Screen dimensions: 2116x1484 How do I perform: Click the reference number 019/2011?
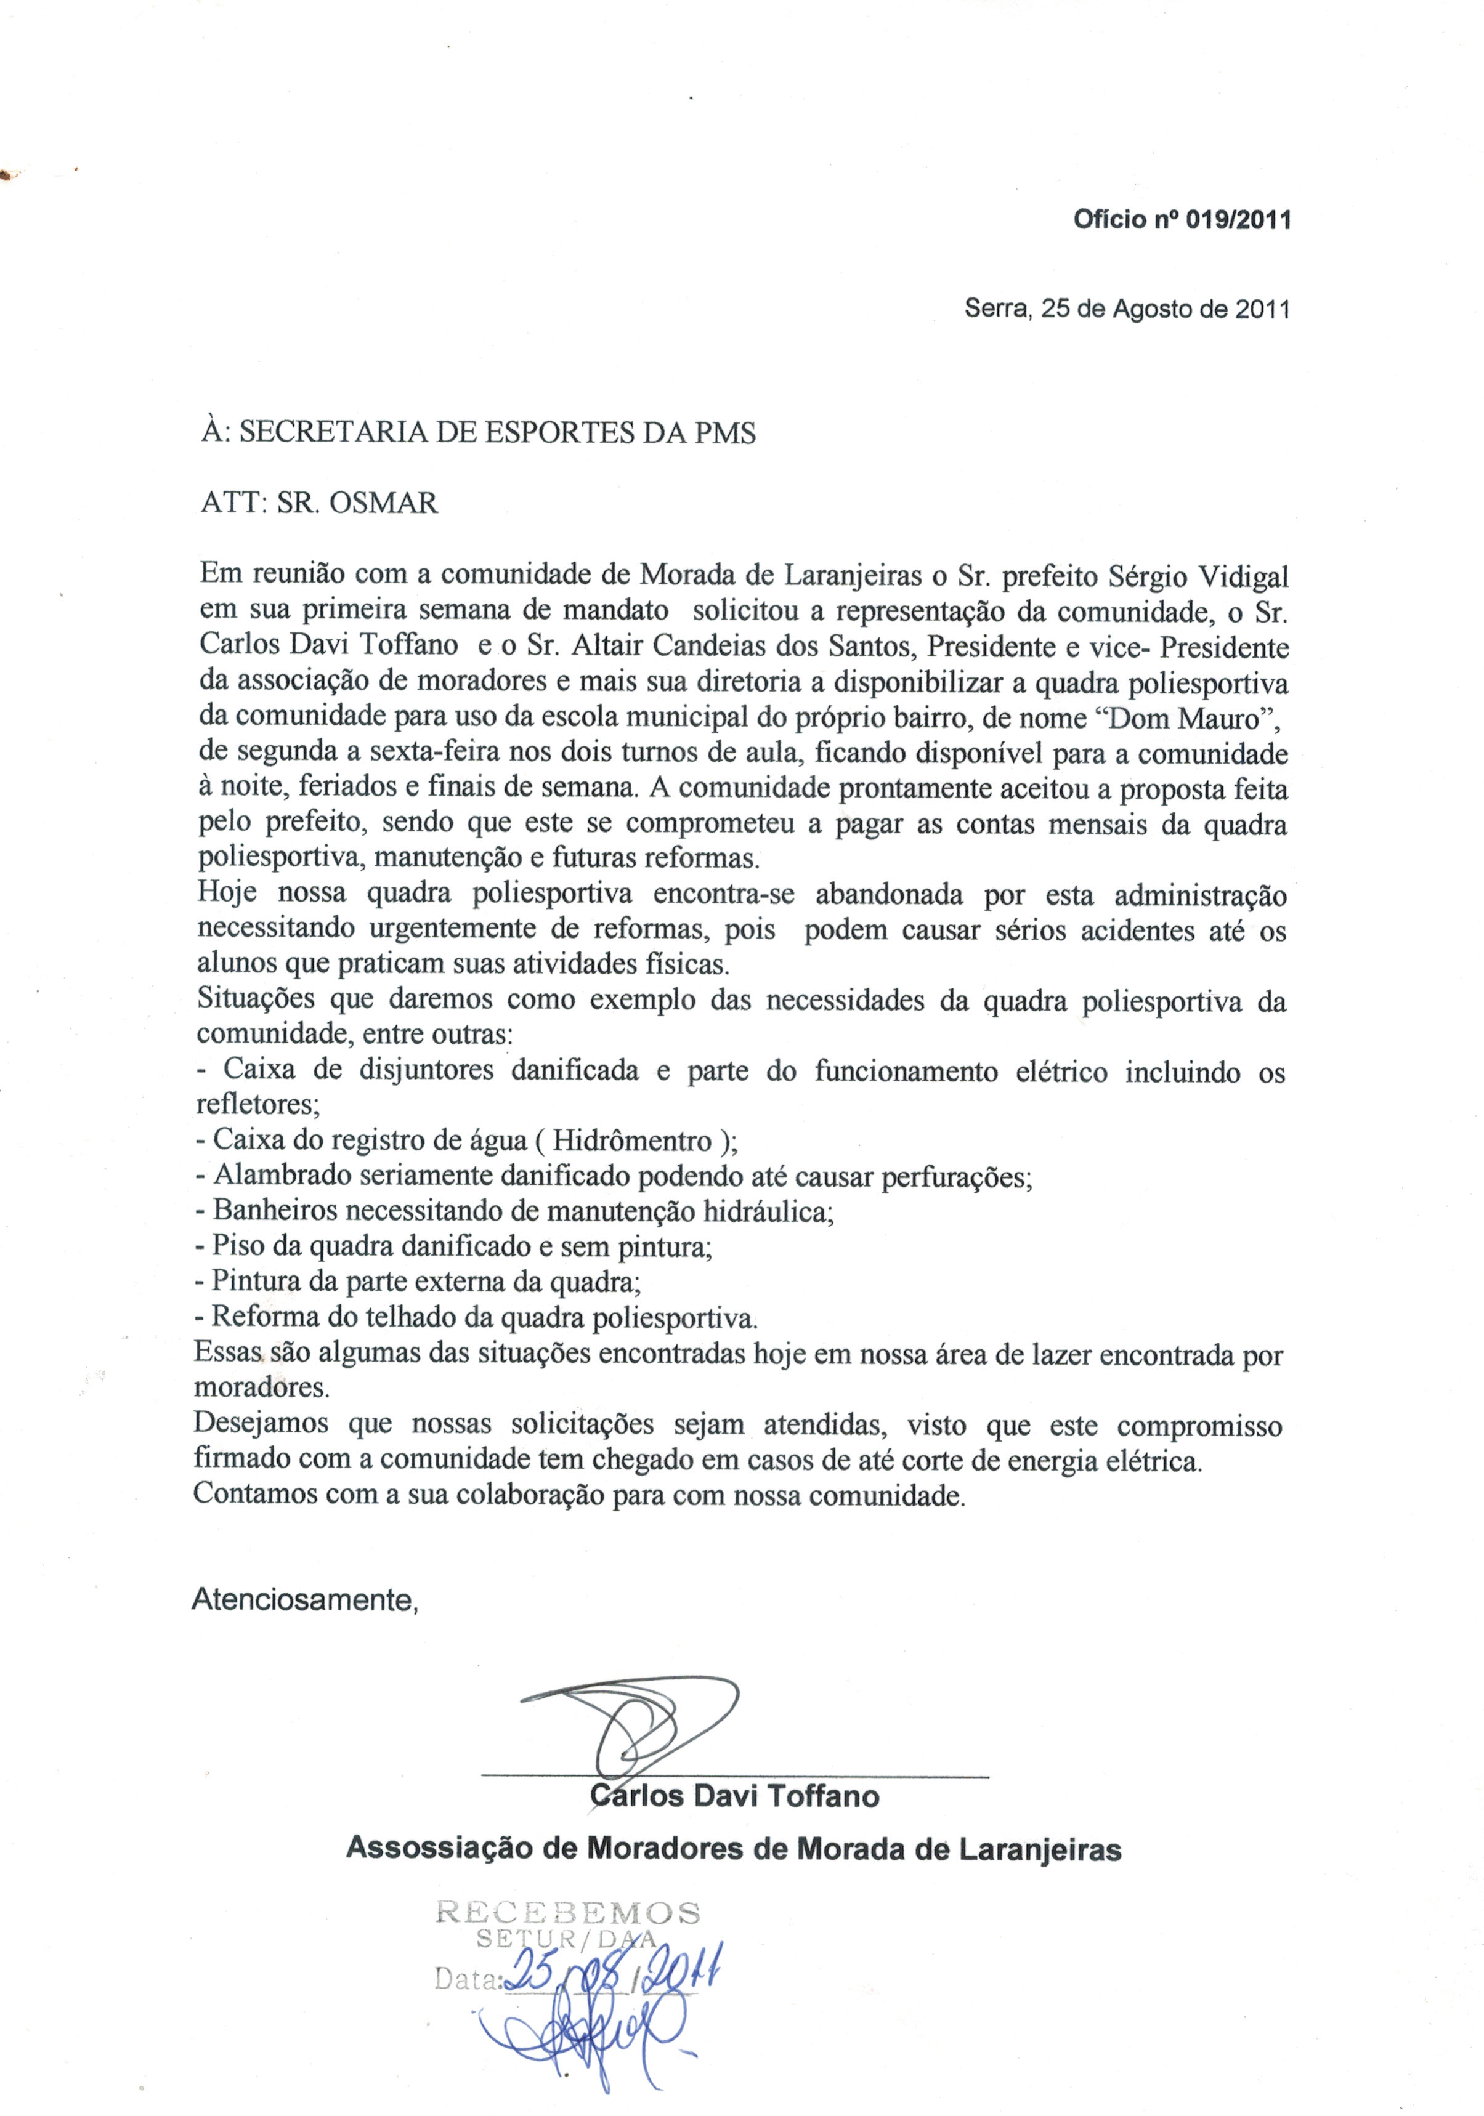(x=1238, y=220)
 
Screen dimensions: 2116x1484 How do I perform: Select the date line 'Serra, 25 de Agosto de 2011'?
(x=1126, y=309)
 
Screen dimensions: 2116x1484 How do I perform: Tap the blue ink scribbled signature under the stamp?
(x=590, y=2032)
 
